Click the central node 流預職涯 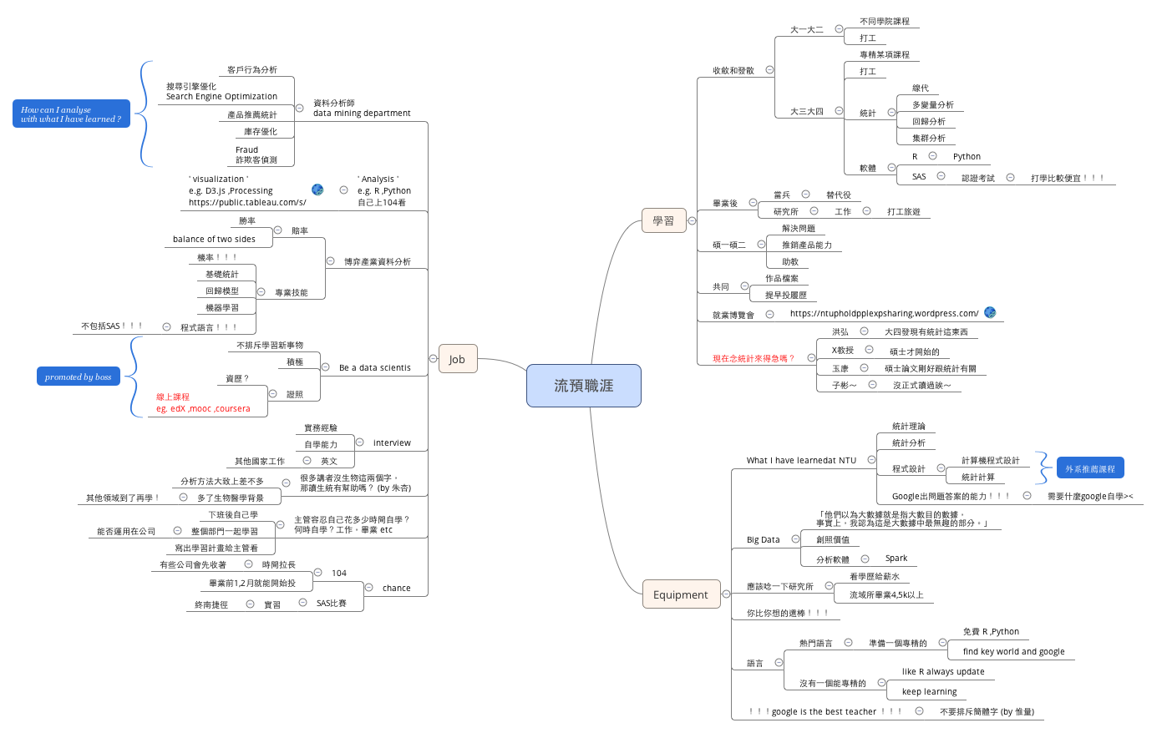click(583, 386)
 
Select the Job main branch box click(457, 359)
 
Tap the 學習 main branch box click(663, 220)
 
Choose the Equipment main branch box click(680, 594)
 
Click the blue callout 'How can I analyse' click(71, 114)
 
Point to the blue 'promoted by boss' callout click(78, 377)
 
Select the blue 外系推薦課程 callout click(1089, 469)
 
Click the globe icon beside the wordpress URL click(990, 313)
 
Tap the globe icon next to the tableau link click(317, 190)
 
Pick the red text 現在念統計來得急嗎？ click(753, 358)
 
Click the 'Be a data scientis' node click(374, 367)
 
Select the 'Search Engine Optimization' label click(221, 97)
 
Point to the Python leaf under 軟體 click(967, 156)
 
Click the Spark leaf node click(896, 559)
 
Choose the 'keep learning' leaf click(929, 691)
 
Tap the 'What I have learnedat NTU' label click(801, 460)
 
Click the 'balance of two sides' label click(214, 239)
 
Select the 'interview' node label click(392, 442)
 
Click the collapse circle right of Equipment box click(726, 594)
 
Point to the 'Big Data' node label click(763, 539)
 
